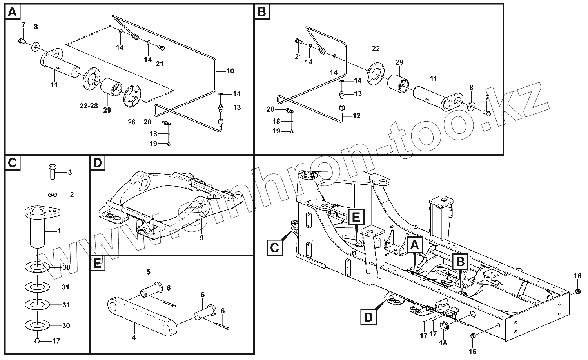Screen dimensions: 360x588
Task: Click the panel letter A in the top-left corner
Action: (13, 12)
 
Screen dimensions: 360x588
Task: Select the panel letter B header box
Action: (261, 12)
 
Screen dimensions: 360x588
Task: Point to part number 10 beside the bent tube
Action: (230, 71)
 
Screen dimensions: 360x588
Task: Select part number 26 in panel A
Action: (132, 122)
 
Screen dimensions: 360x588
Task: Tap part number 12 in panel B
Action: (356, 116)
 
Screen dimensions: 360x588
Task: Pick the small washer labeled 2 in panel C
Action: (53, 194)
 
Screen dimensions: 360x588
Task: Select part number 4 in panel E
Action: (134, 338)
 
